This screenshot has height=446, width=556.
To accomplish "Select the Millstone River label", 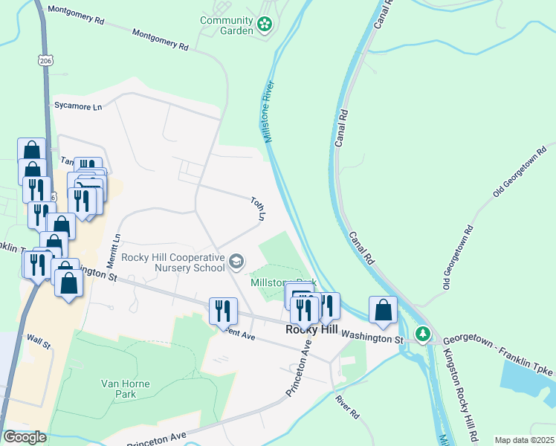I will pyautogui.click(x=268, y=112).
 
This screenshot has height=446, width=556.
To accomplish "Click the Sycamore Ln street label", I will pyautogui.click(x=77, y=106).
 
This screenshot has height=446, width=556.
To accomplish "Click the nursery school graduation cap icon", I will pyautogui.click(x=236, y=261).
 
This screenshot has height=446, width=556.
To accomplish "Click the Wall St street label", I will pyautogui.click(x=38, y=344).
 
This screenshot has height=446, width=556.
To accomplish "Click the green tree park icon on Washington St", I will pyautogui.click(x=423, y=334).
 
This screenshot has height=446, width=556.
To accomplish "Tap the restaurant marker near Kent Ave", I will pyautogui.click(x=223, y=311).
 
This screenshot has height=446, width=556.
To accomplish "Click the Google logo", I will pyautogui.click(x=24, y=437).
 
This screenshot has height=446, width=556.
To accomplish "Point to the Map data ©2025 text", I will pyautogui.click(x=523, y=440).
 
